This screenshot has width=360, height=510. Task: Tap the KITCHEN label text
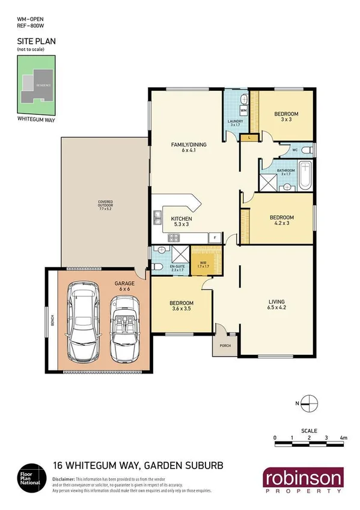click(x=181, y=219)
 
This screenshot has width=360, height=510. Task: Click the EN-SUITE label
click(x=177, y=266)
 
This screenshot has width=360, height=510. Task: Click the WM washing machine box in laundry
click(x=243, y=111)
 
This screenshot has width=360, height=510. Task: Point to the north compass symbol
click(x=308, y=402)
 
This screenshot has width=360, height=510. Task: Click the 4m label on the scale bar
click(x=343, y=437)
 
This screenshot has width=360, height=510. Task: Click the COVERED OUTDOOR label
click(x=106, y=204)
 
